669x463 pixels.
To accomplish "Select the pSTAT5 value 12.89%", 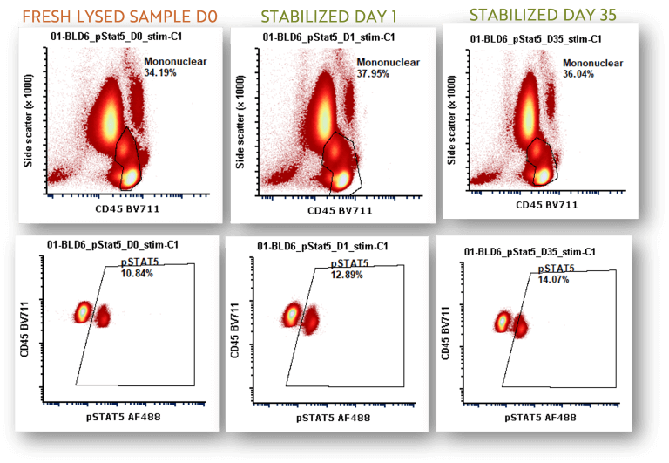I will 347,275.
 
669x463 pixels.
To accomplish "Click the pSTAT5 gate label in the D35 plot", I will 556,269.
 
